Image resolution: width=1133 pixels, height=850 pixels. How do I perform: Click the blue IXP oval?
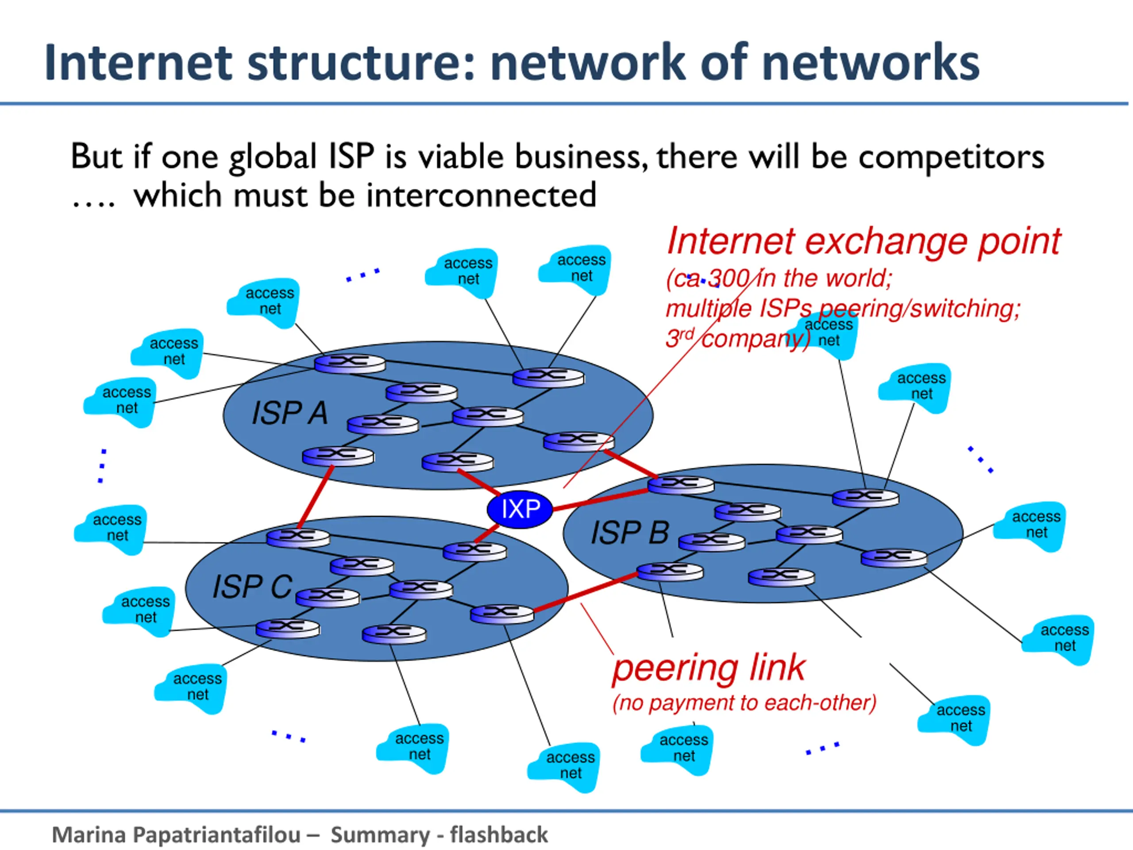520,509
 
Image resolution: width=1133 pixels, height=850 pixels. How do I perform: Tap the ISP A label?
289,413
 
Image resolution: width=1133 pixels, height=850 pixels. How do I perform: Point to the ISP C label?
252,586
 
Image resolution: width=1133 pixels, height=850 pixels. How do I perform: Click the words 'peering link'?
709,668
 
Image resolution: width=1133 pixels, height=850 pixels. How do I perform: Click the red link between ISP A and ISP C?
316,496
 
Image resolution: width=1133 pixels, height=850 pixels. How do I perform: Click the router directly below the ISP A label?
338,456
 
